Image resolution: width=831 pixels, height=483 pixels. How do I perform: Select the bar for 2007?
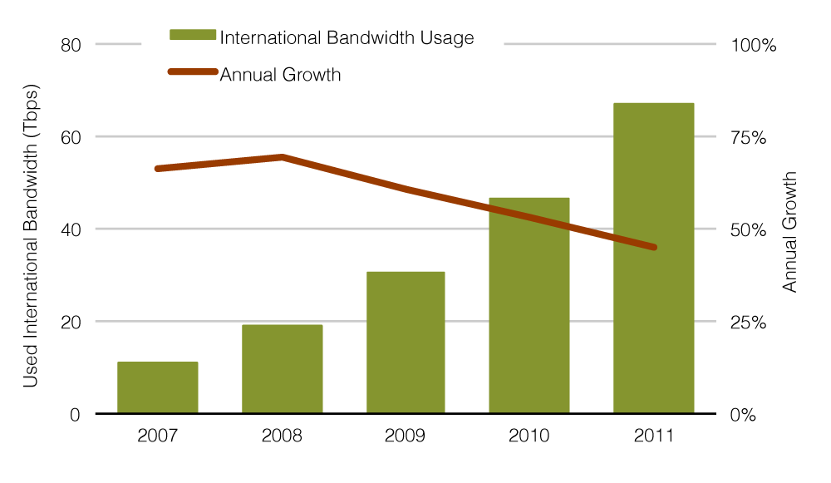click(158, 387)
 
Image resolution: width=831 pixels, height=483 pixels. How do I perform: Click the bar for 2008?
click(282, 369)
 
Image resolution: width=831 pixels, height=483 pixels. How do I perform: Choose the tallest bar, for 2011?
click(653, 258)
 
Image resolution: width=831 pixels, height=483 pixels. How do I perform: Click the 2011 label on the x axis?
click(653, 436)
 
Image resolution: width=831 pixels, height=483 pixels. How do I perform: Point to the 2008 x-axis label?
click(282, 436)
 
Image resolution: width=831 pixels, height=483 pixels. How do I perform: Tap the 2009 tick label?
click(406, 436)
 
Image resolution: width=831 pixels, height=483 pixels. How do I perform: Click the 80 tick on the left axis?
click(71, 45)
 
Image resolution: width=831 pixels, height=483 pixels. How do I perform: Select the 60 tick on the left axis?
click(71, 137)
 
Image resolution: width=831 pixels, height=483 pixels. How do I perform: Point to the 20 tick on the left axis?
click(71, 322)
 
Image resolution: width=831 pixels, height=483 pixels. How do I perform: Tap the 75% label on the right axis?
click(749, 137)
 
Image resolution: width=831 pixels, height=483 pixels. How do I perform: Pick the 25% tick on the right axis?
click(749, 322)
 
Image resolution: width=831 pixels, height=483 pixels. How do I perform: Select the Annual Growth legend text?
click(280, 75)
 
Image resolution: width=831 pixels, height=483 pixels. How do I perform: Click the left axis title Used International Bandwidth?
click(31, 235)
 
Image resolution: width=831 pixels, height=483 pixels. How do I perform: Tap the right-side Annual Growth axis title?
click(790, 232)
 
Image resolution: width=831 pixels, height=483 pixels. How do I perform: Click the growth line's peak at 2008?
click(282, 156)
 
